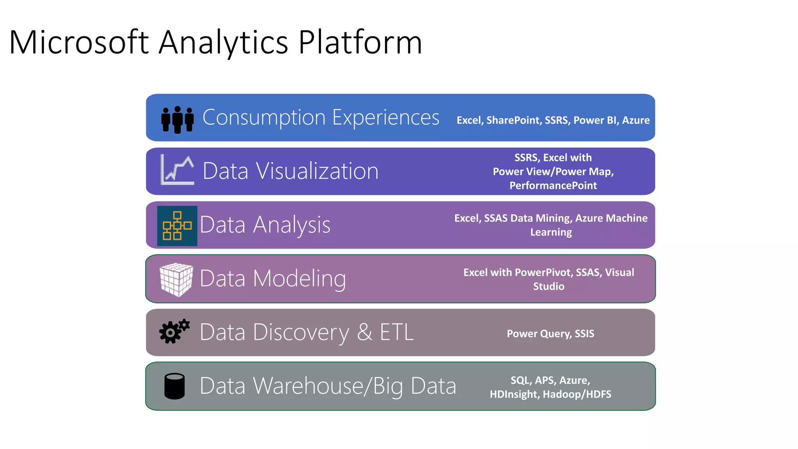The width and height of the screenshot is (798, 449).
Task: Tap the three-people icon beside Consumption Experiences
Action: click(x=178, y=119)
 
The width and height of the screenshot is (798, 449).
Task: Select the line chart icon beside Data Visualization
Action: click(x=177, y=170)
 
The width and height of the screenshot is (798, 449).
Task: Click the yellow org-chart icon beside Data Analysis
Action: click(x=177, y=226)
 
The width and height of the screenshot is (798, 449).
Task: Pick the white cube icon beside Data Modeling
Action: click(x=176, y=279)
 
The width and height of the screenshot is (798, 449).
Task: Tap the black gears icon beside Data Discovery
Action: click(x=174, y=331)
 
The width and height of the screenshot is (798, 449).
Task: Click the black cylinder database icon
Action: click(x=175, y=386)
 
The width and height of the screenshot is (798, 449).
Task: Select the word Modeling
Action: click(x=299, y=278)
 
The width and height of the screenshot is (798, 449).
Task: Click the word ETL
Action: click(x=396, y=332)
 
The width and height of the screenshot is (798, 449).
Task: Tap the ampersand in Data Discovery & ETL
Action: click(x=365, y=332)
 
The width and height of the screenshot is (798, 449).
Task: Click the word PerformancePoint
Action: click(x=553, y=186)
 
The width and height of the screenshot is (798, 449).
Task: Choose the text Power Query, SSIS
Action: click(x=550, y=334)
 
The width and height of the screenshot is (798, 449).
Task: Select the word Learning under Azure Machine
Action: click(x=551, y=232)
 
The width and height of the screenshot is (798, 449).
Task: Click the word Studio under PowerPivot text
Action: click(x=549, y=286)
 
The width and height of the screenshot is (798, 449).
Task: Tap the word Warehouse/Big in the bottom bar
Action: click(x=328, y=386)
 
